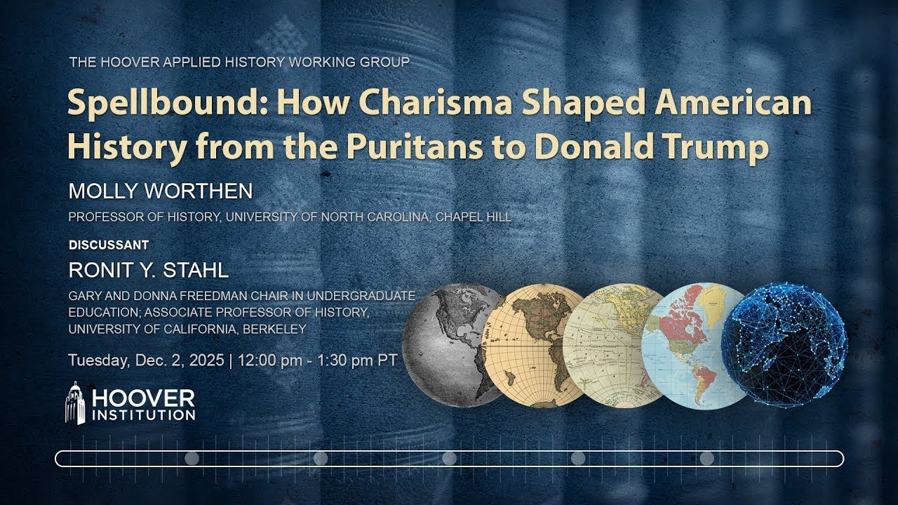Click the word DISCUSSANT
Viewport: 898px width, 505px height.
click(x=109, y=245)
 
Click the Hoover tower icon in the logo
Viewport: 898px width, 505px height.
click(x=75, y=403)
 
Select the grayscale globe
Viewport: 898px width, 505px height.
click(x=449, y=344)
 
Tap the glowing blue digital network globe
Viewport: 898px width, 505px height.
click(x=784, y=344)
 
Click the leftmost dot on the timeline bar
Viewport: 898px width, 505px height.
click(x=192, y=459)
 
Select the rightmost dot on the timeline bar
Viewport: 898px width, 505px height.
click(x=707, y=459)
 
